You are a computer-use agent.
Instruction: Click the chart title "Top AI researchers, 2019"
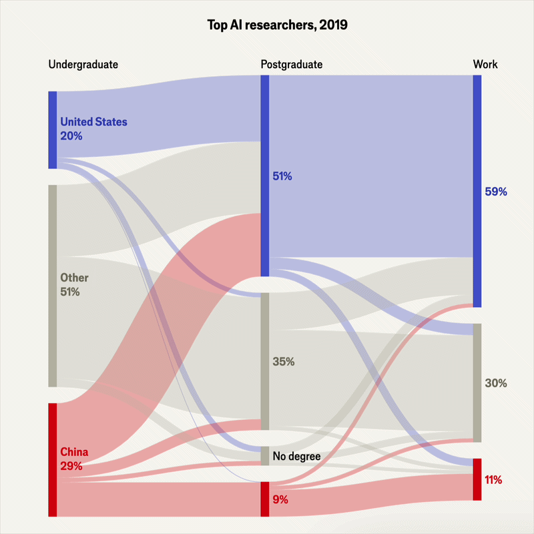(x=267, y=25)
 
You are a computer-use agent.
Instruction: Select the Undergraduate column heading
(x=83, y=65)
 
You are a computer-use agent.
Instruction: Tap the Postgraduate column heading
(x=292, y=65)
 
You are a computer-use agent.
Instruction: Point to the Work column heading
(x=485, y=65)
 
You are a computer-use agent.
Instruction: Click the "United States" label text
(x=93, y=122)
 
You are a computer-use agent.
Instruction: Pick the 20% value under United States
(x=71, y=136)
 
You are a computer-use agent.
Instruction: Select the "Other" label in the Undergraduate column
(x=74, y=278)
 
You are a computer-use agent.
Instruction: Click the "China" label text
(x=74, y=452)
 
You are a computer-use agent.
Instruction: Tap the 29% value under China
(x=71, y=466)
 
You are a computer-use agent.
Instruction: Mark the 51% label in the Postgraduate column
(x=282, y=177)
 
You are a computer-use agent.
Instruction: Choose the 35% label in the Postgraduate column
(x=284, y=362)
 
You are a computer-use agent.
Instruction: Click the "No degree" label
(x=296, y=457)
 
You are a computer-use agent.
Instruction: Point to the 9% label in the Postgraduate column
(x=280, y=499)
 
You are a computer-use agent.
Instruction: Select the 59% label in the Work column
(x=496, y=192)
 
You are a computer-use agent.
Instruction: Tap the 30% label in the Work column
(x=496, y=383)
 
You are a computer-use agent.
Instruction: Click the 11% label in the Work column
(x=494, y=480)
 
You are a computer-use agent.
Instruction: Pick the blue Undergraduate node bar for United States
(x=53, y=130)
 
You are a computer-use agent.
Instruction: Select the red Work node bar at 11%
(x=477, y=479)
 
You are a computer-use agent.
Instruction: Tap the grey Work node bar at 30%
(x=477, y=382)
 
